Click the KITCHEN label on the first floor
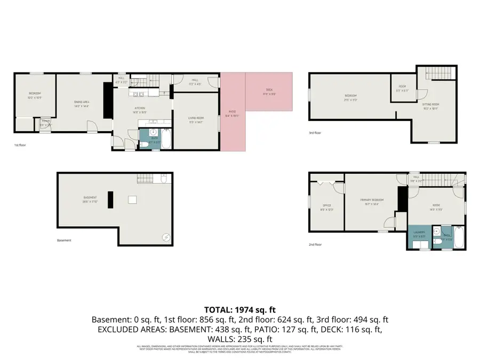139,109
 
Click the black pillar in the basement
110,199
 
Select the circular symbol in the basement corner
166,237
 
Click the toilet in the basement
166,237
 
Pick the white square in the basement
132,200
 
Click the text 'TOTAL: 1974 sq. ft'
240,309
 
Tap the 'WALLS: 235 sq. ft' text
240,339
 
